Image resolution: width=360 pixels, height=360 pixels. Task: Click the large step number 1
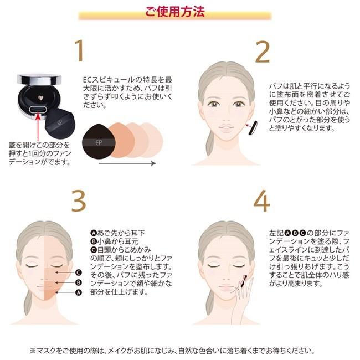[x=82, y=51]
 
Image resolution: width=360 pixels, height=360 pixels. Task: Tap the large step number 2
[x=261, y=51]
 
